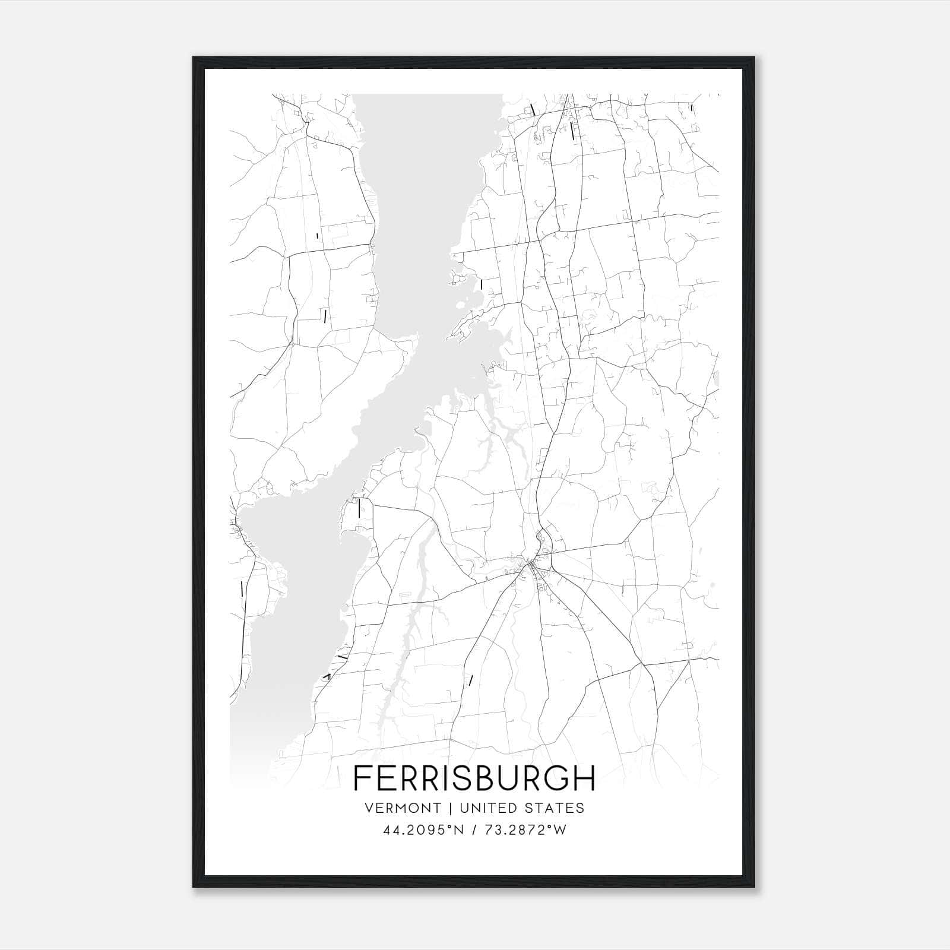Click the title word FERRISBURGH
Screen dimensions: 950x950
point(474,778)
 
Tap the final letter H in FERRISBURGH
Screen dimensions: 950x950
point(584,778)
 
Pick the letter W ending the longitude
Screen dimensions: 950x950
point(560,830)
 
